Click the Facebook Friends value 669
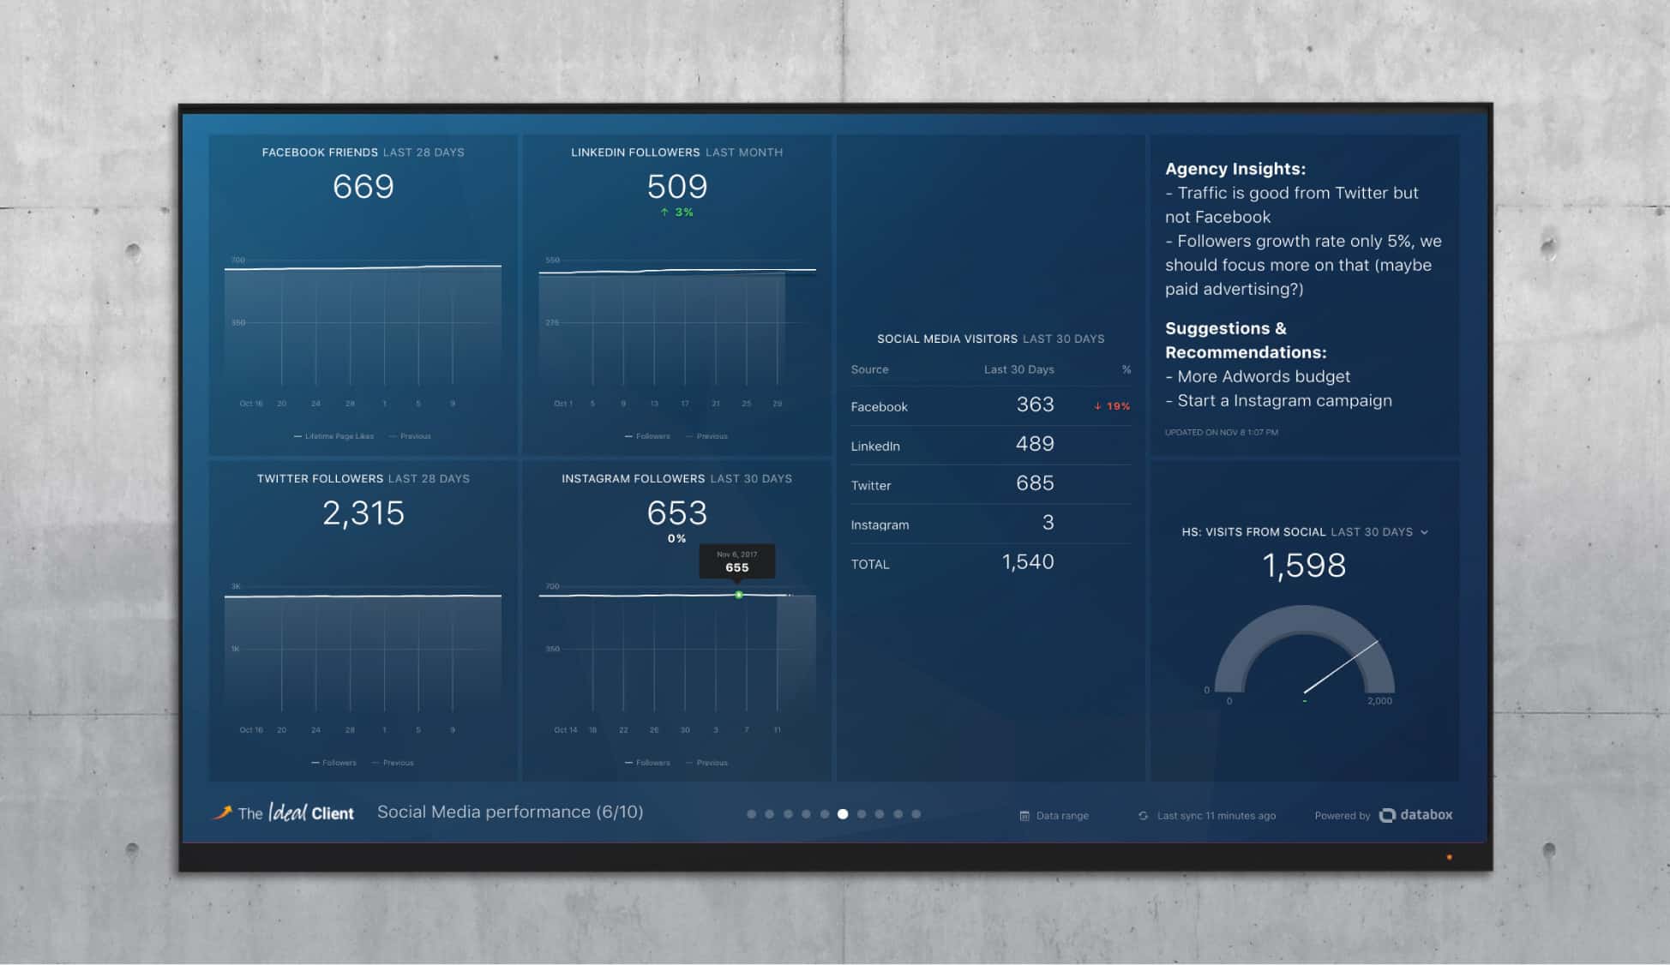pyautogui.click(x=363, y=187)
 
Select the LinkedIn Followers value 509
pyautogui.click(x=676, y=187)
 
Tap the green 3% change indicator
pyautogui.click(x=677, y=212)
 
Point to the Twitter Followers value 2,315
pyautogui.click(x=363, y=513)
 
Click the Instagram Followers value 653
pyautogui.click(x=676, y=513)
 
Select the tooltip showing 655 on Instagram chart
pyautogui.click(x=736, y=562)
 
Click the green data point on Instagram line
pyautogui.click(x=739, y=595)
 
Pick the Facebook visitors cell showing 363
pyautogui.click(x=1035, y=405)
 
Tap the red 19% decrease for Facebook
pyautogui.click(x=1112, y=406)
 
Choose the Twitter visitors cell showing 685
pyautogui.click(x=1035, y=483)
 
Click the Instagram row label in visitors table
pyautogui.click(x=880, y=524)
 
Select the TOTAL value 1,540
pyautogui.click(x=1028, y=562)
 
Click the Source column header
pyautogui.click(x=869, y=369)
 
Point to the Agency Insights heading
pyautogui.click(x=1234, y=169)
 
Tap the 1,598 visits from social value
pyautogui.click(x=1304, y=566)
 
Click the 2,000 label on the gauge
pyautogui.click(x=1379, y=701)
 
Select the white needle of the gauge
pyautogui.click(x=1342, y=667)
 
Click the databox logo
pyautogui.click(x=1416, y=815)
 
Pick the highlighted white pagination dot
pyautogui.click(x=843, y=814)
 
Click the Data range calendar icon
pyautogui.click(x=1024, y=816)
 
